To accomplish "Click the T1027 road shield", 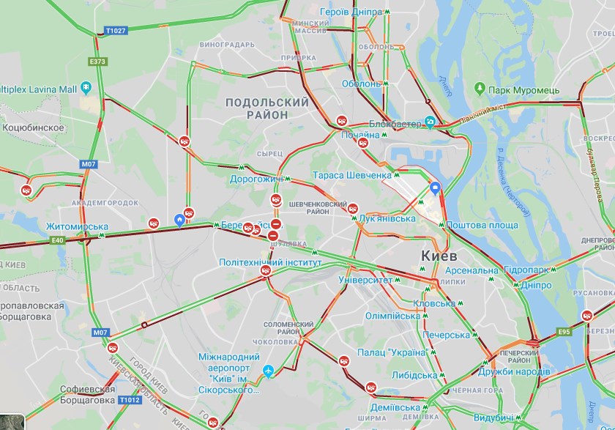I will (116, 31).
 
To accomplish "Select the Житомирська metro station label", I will (77, 226).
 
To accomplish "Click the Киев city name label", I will (439, 256).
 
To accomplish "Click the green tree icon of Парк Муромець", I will (480, 89).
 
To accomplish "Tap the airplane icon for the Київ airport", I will (269, 371).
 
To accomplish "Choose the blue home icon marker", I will (179, 220).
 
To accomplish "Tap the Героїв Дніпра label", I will (351, 13).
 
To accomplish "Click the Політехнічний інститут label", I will (270, 262).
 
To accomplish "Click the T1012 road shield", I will (128, 400).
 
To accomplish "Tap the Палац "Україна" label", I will (392, 352).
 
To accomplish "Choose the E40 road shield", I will (59, 240).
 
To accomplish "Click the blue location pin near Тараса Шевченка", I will (435, 188).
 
